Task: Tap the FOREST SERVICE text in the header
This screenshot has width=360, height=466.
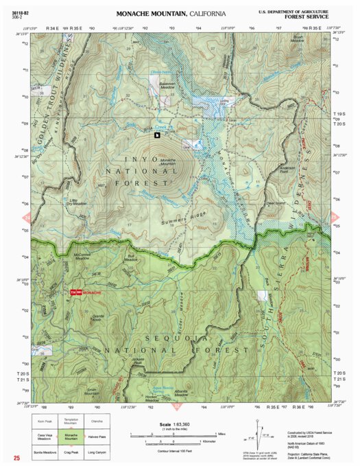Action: tap(304, 19)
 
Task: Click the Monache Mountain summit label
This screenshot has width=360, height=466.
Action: tap(168, 163)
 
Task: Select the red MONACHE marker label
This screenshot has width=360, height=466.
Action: tap(91, 293)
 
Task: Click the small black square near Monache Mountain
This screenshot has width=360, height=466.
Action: tap(157, 136)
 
